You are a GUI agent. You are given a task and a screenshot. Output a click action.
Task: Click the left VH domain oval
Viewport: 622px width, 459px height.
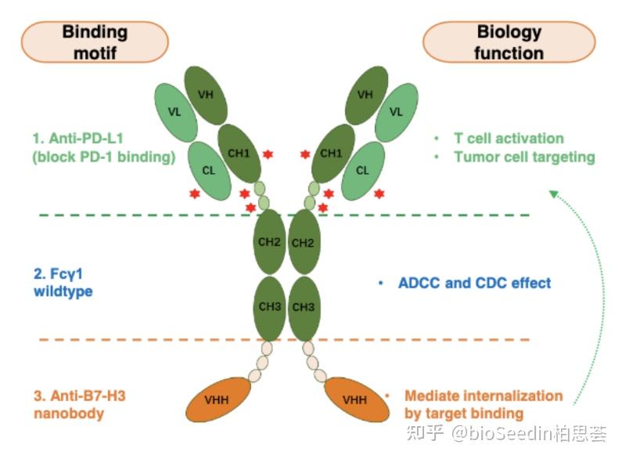[206, 96]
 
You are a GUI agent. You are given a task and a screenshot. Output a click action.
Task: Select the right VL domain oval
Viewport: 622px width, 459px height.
[396, 112]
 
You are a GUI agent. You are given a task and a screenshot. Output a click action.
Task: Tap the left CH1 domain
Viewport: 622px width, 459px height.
[239, 154]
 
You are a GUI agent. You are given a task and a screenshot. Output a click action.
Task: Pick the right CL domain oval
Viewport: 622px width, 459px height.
[362, 170]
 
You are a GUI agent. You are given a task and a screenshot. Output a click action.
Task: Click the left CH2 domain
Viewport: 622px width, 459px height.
[269, 242]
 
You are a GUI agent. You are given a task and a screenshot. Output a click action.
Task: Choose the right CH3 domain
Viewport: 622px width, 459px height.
[304, 307]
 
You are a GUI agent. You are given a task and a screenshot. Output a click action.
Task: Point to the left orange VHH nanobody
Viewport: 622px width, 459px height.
[218, 399]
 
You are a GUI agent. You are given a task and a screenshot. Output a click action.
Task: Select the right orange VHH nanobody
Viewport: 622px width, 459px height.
[356, 399]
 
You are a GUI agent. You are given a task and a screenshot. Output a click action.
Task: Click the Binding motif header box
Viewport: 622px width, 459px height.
[95, 42]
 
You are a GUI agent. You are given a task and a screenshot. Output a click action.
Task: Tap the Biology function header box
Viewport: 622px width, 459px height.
[509, 42]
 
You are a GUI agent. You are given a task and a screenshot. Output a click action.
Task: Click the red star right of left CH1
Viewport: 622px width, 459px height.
[268, 154]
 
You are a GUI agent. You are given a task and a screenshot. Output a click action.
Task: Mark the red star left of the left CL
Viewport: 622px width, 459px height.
[194, 193]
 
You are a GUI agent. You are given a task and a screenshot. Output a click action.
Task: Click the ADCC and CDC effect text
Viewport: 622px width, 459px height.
[474, 283]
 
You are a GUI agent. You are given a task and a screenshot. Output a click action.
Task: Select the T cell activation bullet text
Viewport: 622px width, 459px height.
[509, 138]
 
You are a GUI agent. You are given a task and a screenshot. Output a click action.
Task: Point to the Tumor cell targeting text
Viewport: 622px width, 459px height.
[524, 157]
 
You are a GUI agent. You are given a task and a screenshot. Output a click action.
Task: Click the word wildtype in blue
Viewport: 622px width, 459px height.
[63, 291]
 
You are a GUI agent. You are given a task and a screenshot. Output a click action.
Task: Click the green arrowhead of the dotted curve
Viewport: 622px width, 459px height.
[554, 194]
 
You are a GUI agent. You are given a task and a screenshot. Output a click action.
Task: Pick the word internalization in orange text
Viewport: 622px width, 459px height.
[513, 396]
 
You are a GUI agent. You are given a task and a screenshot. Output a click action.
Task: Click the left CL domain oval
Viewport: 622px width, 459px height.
[209, 170]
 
